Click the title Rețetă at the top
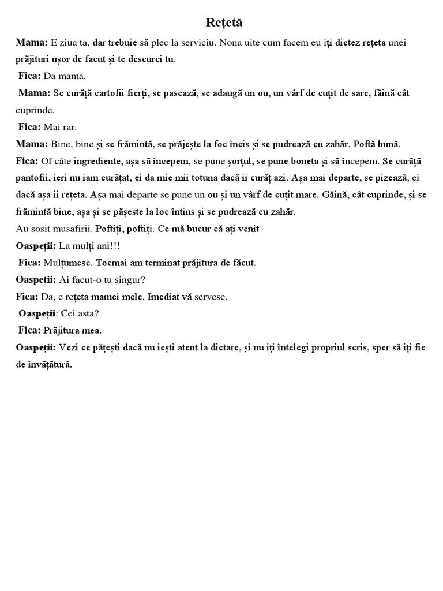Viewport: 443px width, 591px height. (224, 23)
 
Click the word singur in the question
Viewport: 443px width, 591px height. (128, 280)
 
